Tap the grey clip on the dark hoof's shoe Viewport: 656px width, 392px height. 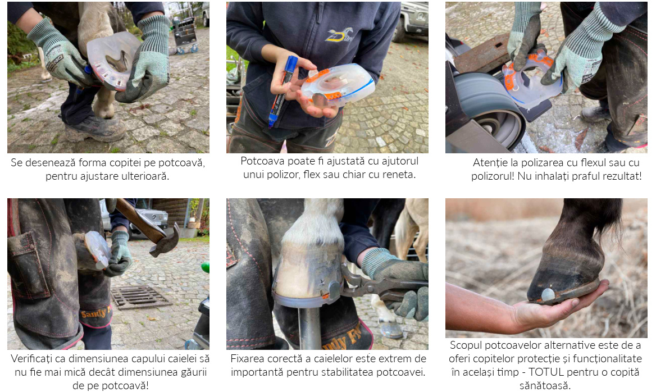[x=548, y=295]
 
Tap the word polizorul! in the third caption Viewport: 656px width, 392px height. [x=493, y=176]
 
